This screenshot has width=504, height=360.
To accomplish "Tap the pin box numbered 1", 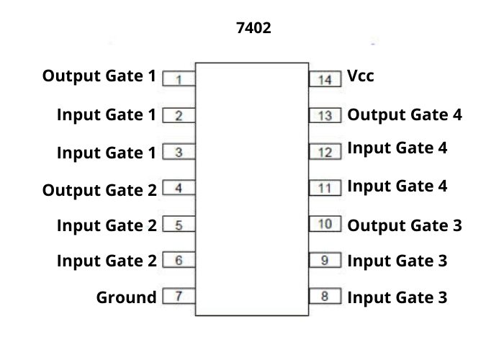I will [179, 78].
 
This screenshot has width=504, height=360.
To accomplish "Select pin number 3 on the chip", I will [179, 152].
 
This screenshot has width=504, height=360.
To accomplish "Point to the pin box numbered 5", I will [179, 225].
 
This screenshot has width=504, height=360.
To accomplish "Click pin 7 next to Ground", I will [179, 296].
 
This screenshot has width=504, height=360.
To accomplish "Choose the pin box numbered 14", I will [325, 78].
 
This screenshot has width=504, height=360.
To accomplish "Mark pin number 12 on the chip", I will [325, 152].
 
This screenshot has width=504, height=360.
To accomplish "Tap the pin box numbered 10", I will [325, 224].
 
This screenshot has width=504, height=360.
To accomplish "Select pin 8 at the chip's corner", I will [325, 295].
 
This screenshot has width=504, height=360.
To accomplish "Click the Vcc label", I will [361, 76].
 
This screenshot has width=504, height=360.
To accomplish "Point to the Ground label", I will [126, 297].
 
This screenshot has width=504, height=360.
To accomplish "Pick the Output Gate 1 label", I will [99, 76].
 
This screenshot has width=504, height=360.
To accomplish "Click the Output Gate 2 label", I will [99, 191].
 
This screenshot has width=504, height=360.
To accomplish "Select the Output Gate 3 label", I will [405, 225].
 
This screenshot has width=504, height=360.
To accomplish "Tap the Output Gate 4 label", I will [405, 114].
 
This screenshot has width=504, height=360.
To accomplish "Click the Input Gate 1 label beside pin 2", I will [107, 114].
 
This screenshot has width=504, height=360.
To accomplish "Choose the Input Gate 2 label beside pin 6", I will [107, 261].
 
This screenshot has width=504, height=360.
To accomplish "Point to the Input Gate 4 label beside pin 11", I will [397, 186].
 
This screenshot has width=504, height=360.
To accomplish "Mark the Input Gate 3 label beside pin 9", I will [397, 261].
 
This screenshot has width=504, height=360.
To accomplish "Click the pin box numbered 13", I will [325, 115].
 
